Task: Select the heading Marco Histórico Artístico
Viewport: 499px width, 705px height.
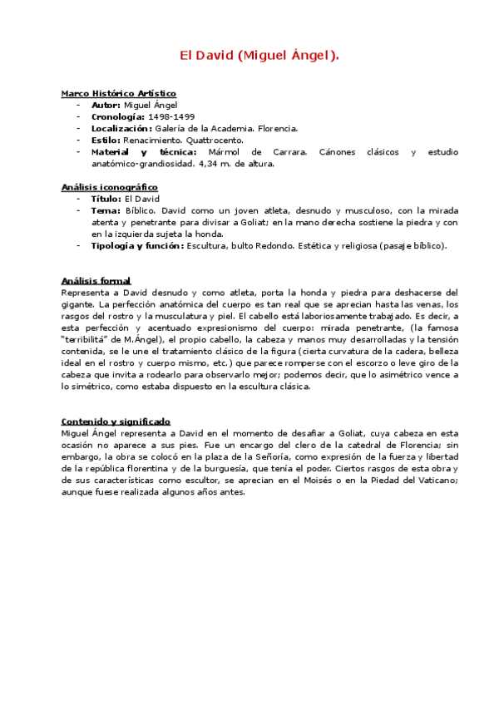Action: (118, 94)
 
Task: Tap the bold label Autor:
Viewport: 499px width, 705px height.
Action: (106, 106)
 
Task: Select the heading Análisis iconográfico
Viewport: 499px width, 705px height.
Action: (110, 188)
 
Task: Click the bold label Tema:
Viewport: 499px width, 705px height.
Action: (105, 211)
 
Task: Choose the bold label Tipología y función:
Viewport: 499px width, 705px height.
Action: (137, 245)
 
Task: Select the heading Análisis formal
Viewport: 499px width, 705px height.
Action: (96, 281)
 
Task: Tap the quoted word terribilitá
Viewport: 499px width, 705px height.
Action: (91, 340)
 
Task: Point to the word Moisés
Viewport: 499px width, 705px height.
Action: (329, 480)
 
